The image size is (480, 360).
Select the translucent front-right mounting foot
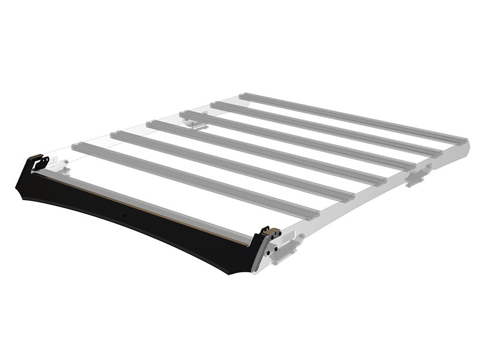click(x=287, y=248)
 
